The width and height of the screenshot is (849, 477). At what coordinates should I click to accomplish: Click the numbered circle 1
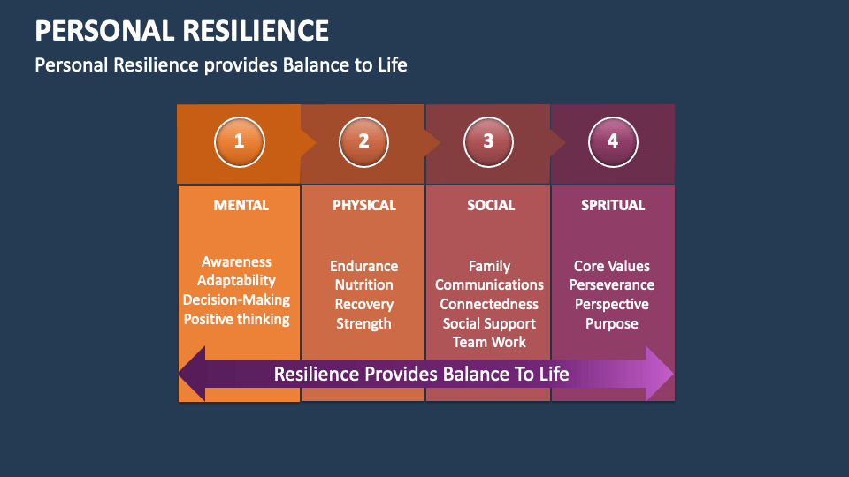point(239,141)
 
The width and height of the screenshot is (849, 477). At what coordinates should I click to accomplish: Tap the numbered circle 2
point(363,141)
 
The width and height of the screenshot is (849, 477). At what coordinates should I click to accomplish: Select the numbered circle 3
point(489,141)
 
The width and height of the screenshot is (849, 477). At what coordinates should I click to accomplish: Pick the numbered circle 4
point(613,141)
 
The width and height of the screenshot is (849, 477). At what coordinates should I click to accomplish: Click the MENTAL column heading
point(241,205)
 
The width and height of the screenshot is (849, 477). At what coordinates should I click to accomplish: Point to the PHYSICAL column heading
point(363,205)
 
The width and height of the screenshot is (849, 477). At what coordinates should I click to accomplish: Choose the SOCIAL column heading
point(490,205)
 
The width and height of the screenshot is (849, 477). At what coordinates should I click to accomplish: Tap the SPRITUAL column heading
point(613,205)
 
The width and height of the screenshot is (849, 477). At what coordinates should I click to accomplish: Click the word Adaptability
point(236,281)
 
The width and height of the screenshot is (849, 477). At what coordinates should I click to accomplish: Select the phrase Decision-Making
point(236,299)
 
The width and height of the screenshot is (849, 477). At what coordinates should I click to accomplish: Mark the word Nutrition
point(363,285)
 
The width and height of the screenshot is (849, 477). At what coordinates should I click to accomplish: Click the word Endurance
point(363,266)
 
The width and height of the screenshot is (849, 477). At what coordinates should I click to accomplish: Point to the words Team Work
point(489,342)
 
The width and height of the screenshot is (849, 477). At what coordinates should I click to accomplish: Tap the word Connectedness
point(489,304)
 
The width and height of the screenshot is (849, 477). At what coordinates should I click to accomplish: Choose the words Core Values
point(612,266)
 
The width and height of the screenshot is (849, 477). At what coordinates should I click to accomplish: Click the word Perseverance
point(612,285)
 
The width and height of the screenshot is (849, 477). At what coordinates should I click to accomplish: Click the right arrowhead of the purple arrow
point(660,374)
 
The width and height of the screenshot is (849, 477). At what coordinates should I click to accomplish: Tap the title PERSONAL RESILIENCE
point(181,31)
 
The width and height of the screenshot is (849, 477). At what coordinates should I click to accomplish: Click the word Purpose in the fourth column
point(612,323)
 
